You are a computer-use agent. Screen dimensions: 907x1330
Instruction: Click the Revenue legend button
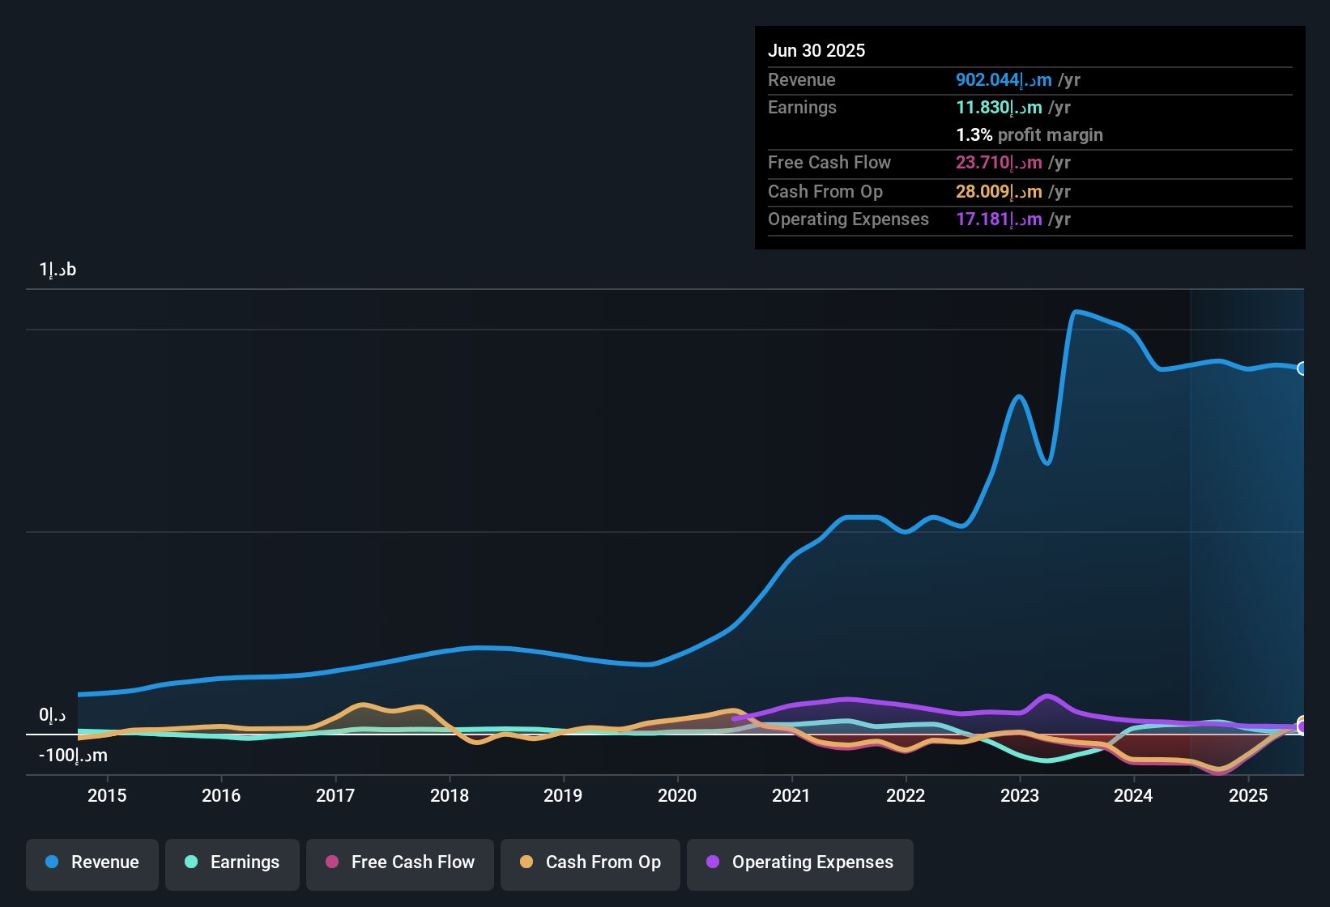coord(92,862)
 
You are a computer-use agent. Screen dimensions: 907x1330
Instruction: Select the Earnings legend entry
coord(232,862)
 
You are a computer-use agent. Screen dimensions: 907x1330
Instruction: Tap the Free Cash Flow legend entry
coord(400,862)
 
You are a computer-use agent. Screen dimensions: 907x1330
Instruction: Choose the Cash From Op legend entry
coord(590,862)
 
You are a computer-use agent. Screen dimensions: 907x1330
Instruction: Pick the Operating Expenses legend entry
coord(800,862)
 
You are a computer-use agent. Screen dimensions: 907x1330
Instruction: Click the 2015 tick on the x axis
coord(107,796)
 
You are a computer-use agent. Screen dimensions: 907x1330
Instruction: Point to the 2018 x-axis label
coord(450,796)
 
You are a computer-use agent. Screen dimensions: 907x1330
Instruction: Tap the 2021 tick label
coord(791,796)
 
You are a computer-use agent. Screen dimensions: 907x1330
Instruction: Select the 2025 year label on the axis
coord(1248,796)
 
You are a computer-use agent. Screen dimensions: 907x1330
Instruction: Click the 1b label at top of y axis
coord(58,270)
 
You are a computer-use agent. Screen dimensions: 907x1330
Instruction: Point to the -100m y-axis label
coord(73,756)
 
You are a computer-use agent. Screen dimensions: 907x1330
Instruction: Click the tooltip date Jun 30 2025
coord(816,51)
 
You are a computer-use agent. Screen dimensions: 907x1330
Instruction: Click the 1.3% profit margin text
coord(1029,135)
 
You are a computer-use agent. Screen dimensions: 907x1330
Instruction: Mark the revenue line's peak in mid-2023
coord(1076,312)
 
